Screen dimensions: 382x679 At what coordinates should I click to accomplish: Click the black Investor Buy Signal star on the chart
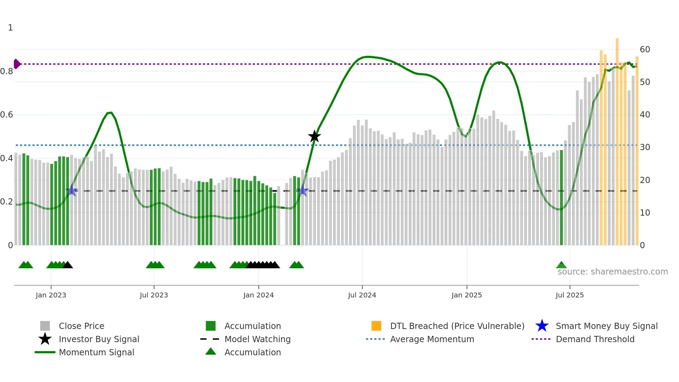314,136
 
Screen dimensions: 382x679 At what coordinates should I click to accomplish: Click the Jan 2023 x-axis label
51,295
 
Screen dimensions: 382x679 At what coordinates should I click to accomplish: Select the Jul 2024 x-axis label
362,295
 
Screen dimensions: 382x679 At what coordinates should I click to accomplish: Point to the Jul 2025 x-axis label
570,295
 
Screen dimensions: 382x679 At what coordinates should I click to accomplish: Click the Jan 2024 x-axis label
258,295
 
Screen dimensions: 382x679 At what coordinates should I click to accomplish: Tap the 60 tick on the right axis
645,50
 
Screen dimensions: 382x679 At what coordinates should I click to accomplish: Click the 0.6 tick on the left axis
7,115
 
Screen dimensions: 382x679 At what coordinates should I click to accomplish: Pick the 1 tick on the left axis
10,28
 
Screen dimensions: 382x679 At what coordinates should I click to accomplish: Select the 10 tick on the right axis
645,213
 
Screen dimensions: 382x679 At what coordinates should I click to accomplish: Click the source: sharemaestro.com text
612,272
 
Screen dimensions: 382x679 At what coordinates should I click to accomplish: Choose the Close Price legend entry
81,326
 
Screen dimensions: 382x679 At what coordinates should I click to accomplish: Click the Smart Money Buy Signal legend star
542,326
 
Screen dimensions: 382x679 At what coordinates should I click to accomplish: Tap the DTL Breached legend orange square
376,326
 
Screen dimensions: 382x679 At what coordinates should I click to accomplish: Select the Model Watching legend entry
257,339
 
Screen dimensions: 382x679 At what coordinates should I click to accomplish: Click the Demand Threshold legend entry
595,339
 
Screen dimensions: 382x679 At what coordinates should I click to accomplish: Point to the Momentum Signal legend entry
96,352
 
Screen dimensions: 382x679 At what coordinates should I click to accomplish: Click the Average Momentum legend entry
432,339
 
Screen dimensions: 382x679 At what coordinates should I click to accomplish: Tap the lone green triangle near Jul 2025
561,265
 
